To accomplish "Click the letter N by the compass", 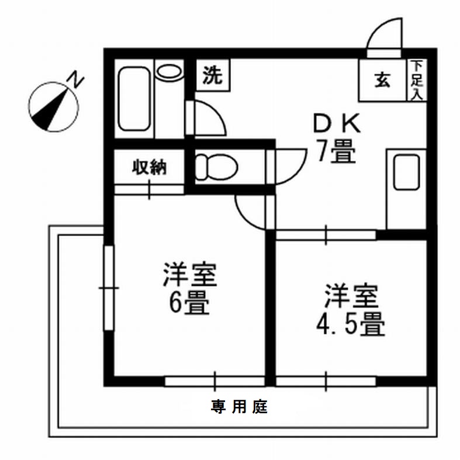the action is click(x=75, y=78).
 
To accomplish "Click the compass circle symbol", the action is click(x=53, y=105).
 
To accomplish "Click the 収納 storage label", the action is click(x=149, y=167).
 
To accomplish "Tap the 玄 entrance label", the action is click(x=382, y=81).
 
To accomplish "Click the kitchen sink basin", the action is click(x=406, y=172).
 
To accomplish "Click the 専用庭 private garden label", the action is click(x=239, y=407).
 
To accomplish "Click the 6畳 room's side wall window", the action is click(x=108, y=288).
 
